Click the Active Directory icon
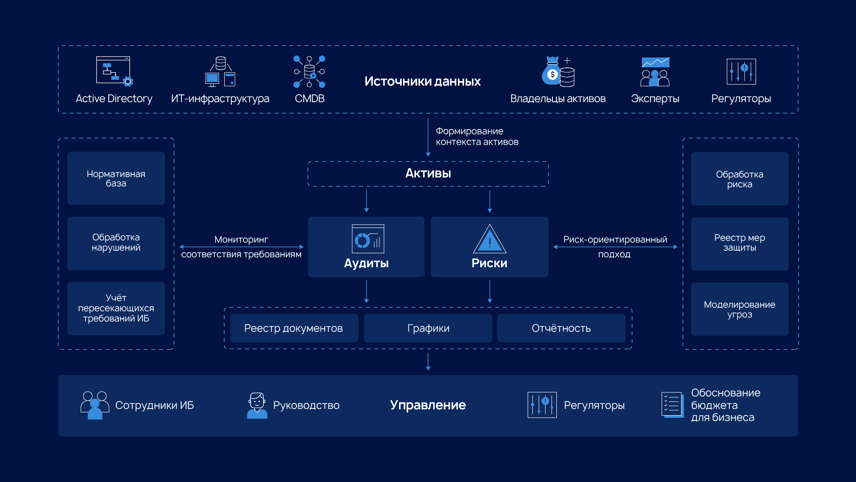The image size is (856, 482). (114, 71)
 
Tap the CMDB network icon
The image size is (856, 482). (309, 71)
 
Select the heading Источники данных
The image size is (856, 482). (422, 81)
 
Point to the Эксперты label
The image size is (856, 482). (654, 99)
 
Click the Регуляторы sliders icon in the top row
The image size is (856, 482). (741, 71)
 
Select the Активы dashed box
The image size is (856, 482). (428, 173)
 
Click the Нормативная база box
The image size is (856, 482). (116, 178)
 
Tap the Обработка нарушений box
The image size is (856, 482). (116, 243)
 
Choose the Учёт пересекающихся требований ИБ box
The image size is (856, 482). (116, 308)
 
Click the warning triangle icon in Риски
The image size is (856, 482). (490, 239)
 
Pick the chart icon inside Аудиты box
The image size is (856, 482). (367, 239)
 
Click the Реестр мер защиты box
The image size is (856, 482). (739, 243)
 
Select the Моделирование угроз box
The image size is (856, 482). (739, 309)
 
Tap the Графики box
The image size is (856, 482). (428, 328)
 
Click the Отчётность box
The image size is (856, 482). (561, 328)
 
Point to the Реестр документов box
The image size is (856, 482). (294, 328)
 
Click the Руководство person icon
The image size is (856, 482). (257, 405)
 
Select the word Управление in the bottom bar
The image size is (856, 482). (428, 405)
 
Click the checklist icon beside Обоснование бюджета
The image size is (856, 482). (672, 405)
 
